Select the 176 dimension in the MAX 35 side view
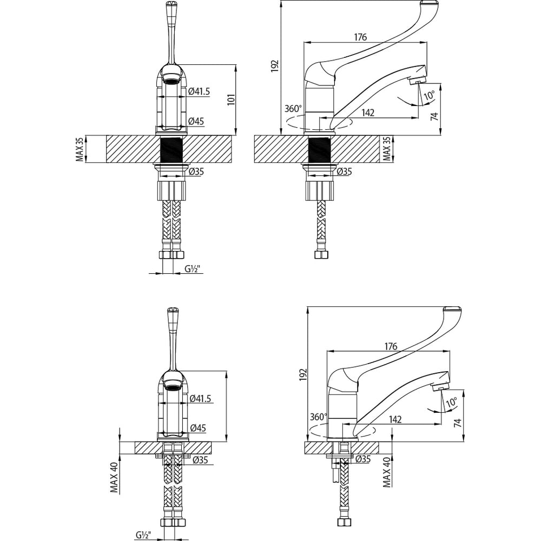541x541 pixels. click(x=360, y=37)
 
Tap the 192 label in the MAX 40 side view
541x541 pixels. click(x=303, y=374)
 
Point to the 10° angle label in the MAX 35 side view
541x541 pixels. click(x=429, y=95)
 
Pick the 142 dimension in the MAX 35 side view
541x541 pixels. click(x=368, y=113)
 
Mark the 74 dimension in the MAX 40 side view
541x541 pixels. click(x=458, y=423)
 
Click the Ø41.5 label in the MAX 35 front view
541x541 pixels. click(x=199, y=91)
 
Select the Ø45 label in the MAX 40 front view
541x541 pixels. click(x=198, y=428)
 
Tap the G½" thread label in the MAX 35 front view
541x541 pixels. click(x=193, y=269)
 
